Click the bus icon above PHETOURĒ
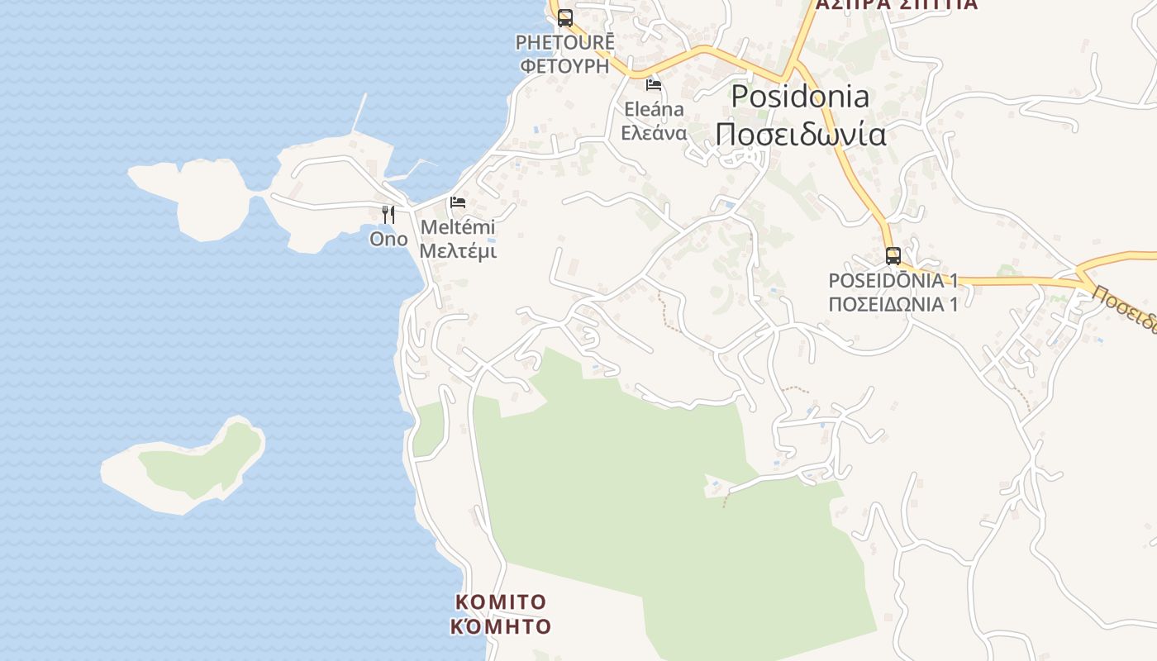click(x=565, y=17)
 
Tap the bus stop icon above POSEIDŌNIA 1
click(x=893, y=255)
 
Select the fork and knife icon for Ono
click(x=388, y=215)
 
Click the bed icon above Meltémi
click(x=458, y=202)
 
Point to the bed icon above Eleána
click(x=654, y=84)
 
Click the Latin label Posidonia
click(x=800, y=97)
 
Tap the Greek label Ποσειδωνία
click(x=801, y=134)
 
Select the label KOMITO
click(x=501, y=602)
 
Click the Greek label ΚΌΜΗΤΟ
click(x=501, y=626)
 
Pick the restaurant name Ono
click(x=388, y=239)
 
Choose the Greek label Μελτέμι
click(x=458, y=250)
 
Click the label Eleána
click(x=654, y=109)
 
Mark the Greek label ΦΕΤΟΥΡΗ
click(x=565, y=66)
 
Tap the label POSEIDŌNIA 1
click(x=893, y=280)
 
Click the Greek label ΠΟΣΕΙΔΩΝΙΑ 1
click(x=893, y=304)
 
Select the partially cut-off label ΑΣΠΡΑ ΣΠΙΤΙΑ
click(x=897, y=5)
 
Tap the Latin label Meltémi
click(x=458, y=226)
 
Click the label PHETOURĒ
click(x=565, y=42)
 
